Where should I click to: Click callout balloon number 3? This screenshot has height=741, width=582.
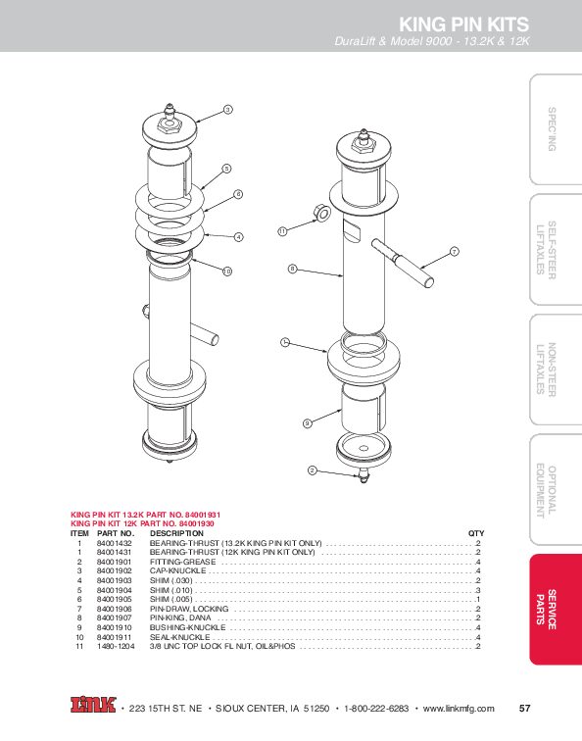227,109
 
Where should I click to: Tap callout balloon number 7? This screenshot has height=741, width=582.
455,252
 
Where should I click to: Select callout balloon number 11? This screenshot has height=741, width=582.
281,231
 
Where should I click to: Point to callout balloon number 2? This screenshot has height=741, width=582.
312,471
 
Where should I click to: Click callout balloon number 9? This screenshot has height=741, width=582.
307,423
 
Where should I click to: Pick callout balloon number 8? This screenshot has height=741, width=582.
292,268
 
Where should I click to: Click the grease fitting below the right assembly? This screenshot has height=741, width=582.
364,475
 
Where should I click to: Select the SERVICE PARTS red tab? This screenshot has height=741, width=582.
554,610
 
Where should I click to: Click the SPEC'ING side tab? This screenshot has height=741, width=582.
554,128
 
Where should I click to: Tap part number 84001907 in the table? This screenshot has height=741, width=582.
115,618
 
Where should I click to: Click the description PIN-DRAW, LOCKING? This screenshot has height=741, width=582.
189,609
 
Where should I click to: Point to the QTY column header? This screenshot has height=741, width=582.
476,533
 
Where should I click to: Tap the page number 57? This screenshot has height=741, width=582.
525,708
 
